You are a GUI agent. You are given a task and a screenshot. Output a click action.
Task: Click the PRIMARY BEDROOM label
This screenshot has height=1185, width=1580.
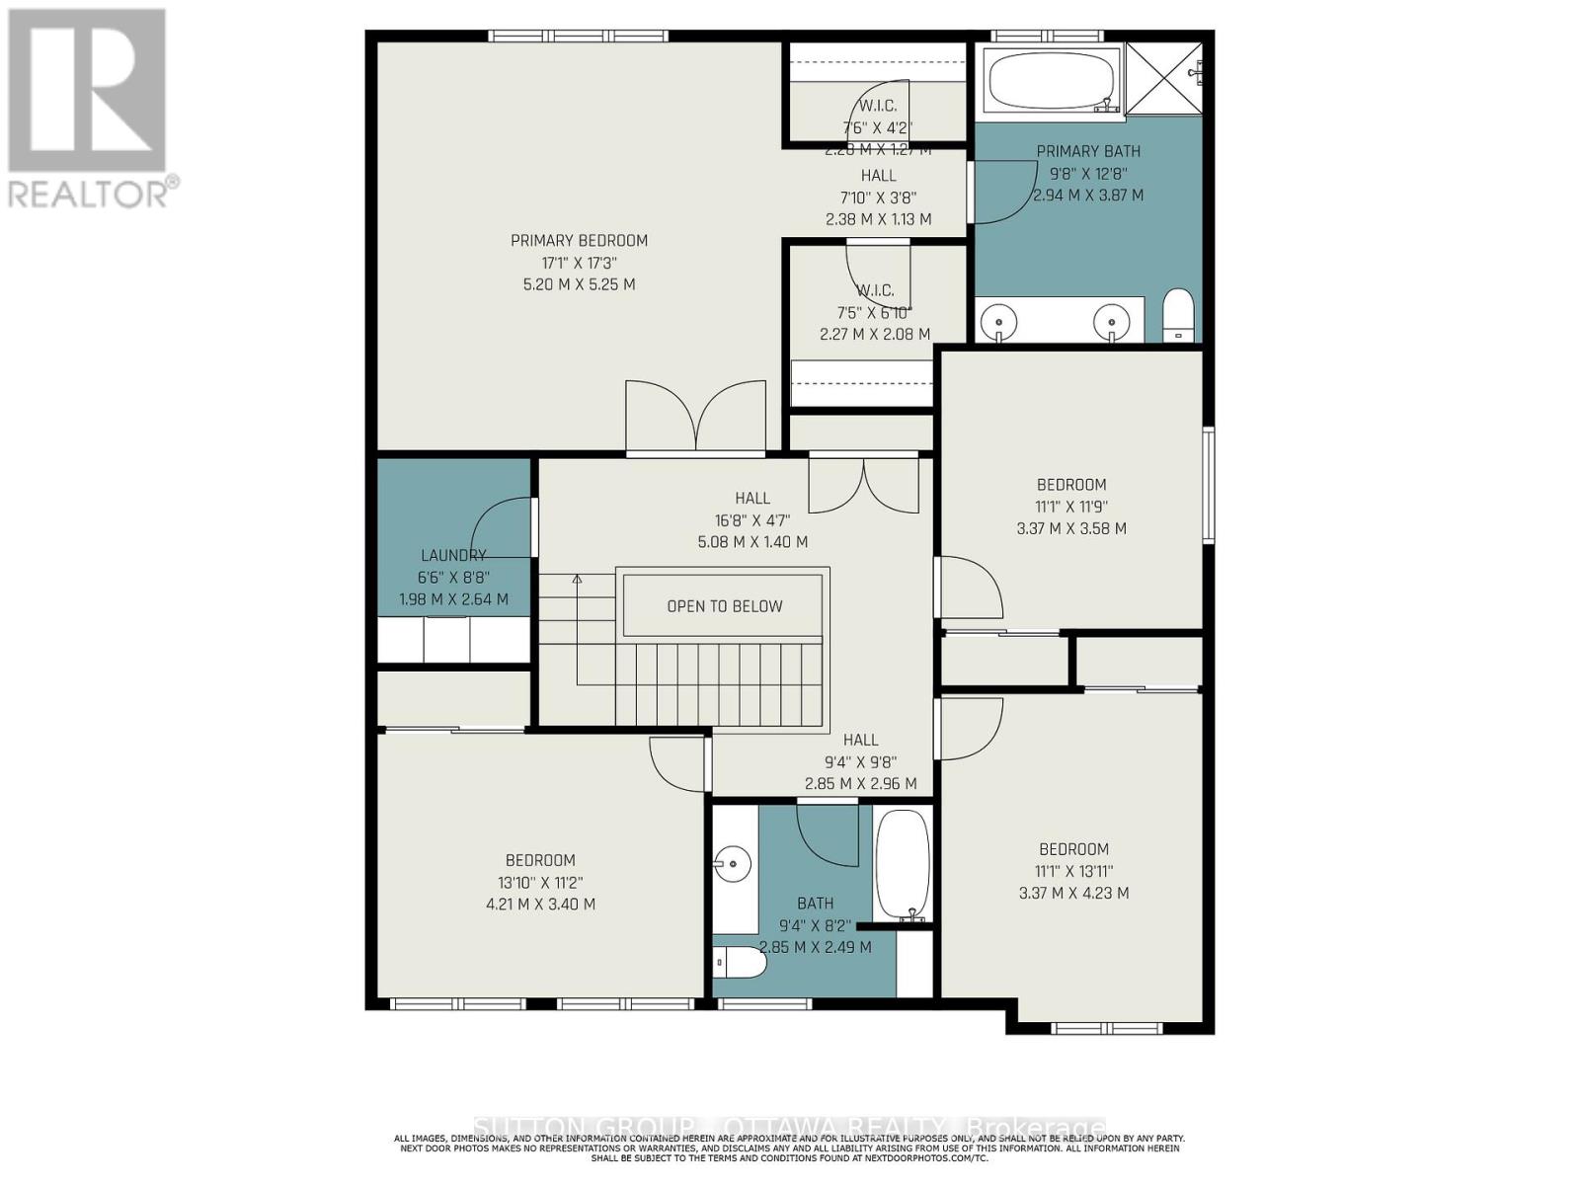point(579,240)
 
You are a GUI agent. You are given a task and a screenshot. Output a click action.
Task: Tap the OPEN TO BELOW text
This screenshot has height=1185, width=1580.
point(724,606)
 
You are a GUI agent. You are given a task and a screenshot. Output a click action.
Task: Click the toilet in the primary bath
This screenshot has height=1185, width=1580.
point(1177,315)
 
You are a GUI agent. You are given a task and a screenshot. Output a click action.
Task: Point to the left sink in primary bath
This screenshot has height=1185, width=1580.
point(1000,321)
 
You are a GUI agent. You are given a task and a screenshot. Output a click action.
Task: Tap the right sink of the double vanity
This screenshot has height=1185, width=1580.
point(1112,321)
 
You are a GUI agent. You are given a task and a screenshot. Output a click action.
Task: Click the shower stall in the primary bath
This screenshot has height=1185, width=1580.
point(1165,79)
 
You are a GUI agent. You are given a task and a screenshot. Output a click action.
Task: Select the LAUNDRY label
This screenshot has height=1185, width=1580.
point(453,555)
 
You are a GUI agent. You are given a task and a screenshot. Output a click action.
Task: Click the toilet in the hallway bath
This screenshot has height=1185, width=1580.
point(739,963)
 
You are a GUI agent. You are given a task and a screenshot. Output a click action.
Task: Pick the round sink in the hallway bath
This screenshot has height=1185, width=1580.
point(734,864)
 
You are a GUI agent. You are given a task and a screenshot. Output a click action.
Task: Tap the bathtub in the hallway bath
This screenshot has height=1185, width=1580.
point(903,864)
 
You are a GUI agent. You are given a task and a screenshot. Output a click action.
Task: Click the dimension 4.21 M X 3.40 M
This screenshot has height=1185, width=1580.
point(540,904)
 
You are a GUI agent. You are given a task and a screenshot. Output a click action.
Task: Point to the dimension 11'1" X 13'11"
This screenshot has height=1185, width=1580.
point(1073,871)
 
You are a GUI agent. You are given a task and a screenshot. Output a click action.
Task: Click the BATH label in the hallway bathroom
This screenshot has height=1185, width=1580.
point(815,903)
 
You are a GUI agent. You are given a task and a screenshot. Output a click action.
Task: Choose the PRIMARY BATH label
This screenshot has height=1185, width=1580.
point(1087,151)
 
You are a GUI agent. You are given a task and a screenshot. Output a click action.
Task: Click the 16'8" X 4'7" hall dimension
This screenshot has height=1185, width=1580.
point(751,519)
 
